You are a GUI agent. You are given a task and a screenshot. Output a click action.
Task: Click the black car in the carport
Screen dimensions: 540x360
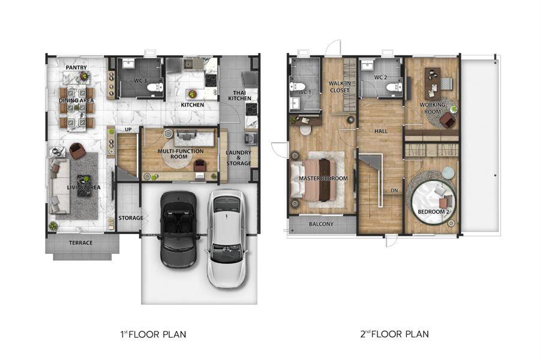pos(179,229)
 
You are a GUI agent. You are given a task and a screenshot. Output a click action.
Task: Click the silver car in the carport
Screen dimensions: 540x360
pos(227,238)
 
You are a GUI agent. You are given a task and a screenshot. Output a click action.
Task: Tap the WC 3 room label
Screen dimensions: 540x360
pos(140,80)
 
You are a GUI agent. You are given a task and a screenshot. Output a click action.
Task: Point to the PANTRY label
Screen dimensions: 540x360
pos(76,68)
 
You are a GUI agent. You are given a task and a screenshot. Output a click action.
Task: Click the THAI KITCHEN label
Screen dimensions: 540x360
pos(239,96)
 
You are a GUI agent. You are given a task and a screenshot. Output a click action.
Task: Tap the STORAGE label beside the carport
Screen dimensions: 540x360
pos(131,218)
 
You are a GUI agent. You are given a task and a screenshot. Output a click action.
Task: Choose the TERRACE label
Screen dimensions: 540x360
pos(81,243)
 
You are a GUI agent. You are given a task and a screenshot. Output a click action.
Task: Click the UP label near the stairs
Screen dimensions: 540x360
pos(128,130)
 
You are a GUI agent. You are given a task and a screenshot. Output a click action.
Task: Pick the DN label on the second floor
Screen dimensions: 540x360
pos(394,190)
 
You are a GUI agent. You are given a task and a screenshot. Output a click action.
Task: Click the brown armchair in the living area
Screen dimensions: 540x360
pos(77,151)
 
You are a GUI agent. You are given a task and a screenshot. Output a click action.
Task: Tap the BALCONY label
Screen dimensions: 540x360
pos(322,224)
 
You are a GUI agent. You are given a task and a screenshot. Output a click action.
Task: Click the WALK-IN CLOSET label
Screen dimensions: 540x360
pos(340,87)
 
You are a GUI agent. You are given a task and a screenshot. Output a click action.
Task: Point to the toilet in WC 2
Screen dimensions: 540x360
pos(394,87)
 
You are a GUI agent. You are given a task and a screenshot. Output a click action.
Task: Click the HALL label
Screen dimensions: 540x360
pos(381,131)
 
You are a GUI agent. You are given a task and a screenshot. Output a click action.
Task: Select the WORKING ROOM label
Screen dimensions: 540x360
pos(433,108)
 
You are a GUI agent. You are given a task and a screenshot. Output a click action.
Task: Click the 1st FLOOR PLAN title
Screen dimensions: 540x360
pos(153,334)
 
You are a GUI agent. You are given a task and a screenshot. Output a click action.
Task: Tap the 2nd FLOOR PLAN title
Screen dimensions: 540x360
pos(395,334)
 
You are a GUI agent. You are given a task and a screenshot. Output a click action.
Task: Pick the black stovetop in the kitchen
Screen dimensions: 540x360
pos(211,80)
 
